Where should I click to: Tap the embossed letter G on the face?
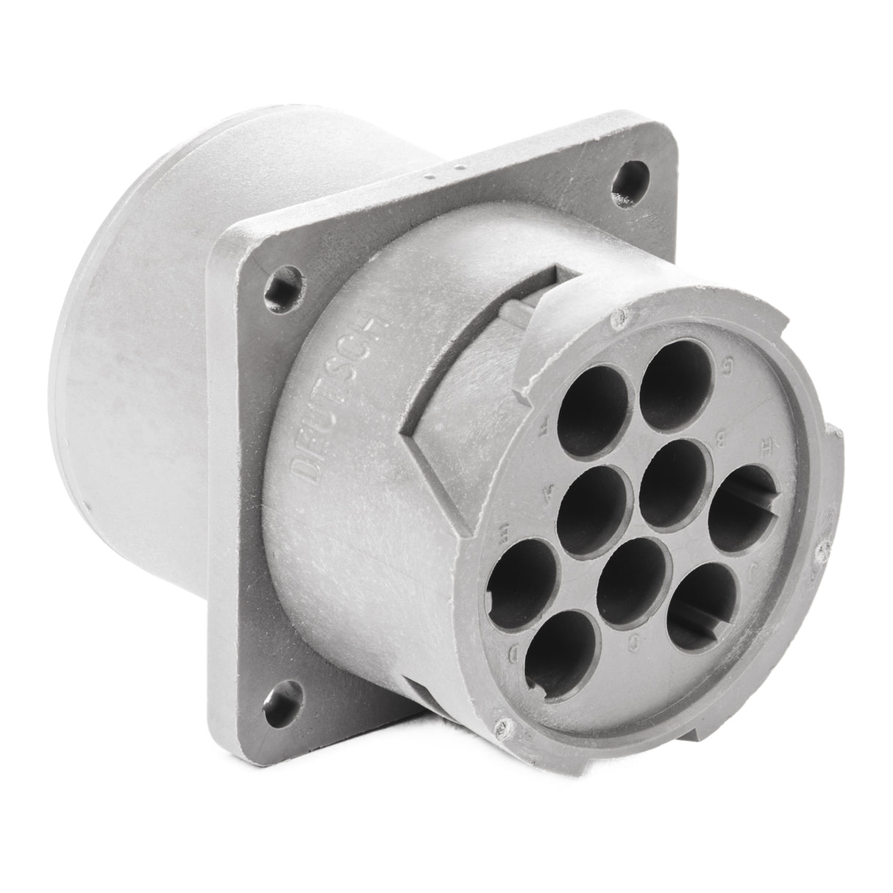[x=728, y=363]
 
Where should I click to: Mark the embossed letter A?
[x=546, y=495]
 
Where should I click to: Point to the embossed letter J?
[x=795, y=567]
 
